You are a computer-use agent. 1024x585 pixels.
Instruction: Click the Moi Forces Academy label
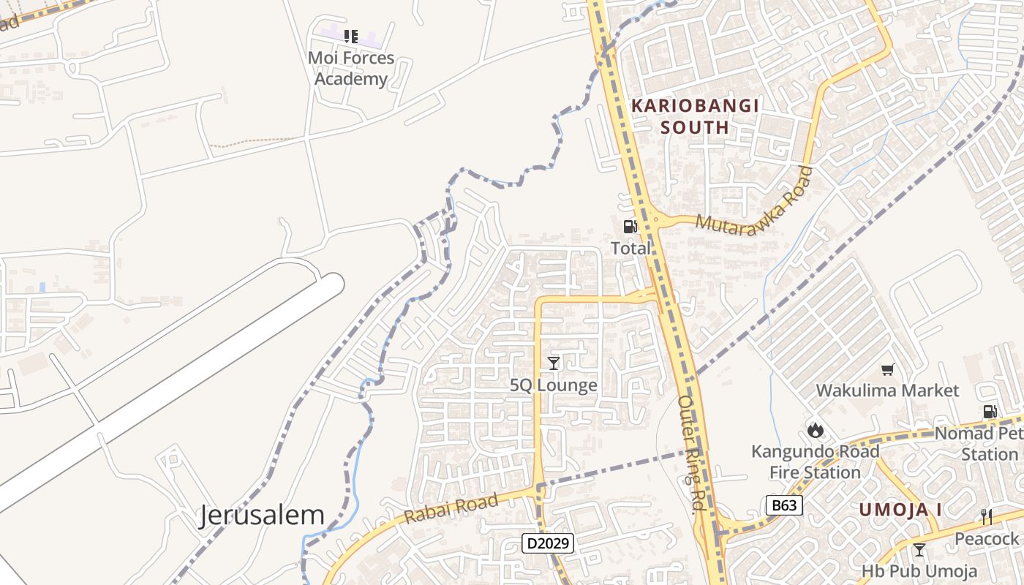click(351, 68)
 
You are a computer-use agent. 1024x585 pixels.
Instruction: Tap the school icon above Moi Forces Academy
click(351, 36)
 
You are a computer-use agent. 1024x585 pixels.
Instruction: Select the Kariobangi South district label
click(695, 116)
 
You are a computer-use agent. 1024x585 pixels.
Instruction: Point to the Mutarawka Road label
click(754, 202)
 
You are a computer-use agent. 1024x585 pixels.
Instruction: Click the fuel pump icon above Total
click(630, 227)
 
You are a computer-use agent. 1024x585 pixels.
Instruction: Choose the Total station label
click(630, 248)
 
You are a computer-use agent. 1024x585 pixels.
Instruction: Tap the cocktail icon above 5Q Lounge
click(554, 363)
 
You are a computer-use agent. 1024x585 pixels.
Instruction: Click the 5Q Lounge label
click(554, 385)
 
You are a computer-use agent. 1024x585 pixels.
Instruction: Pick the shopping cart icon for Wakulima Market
click(887, 370)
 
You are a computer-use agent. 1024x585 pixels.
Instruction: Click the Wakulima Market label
click(887, 390)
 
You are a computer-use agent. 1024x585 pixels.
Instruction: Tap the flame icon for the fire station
click(816, 430)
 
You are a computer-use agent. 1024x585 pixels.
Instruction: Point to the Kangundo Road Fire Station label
click(816, 461)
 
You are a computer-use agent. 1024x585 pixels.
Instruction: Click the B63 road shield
click(784, 505)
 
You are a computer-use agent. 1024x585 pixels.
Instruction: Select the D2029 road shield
click(548, 543)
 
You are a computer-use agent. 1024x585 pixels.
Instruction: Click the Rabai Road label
click(451, 507)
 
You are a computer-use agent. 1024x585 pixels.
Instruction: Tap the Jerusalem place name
click(262, 516)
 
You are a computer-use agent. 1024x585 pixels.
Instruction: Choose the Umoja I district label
click(900, 510)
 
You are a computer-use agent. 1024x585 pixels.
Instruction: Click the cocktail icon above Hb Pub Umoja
click(919, 550)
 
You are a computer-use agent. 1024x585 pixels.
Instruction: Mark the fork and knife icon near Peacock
click(987, 517)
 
